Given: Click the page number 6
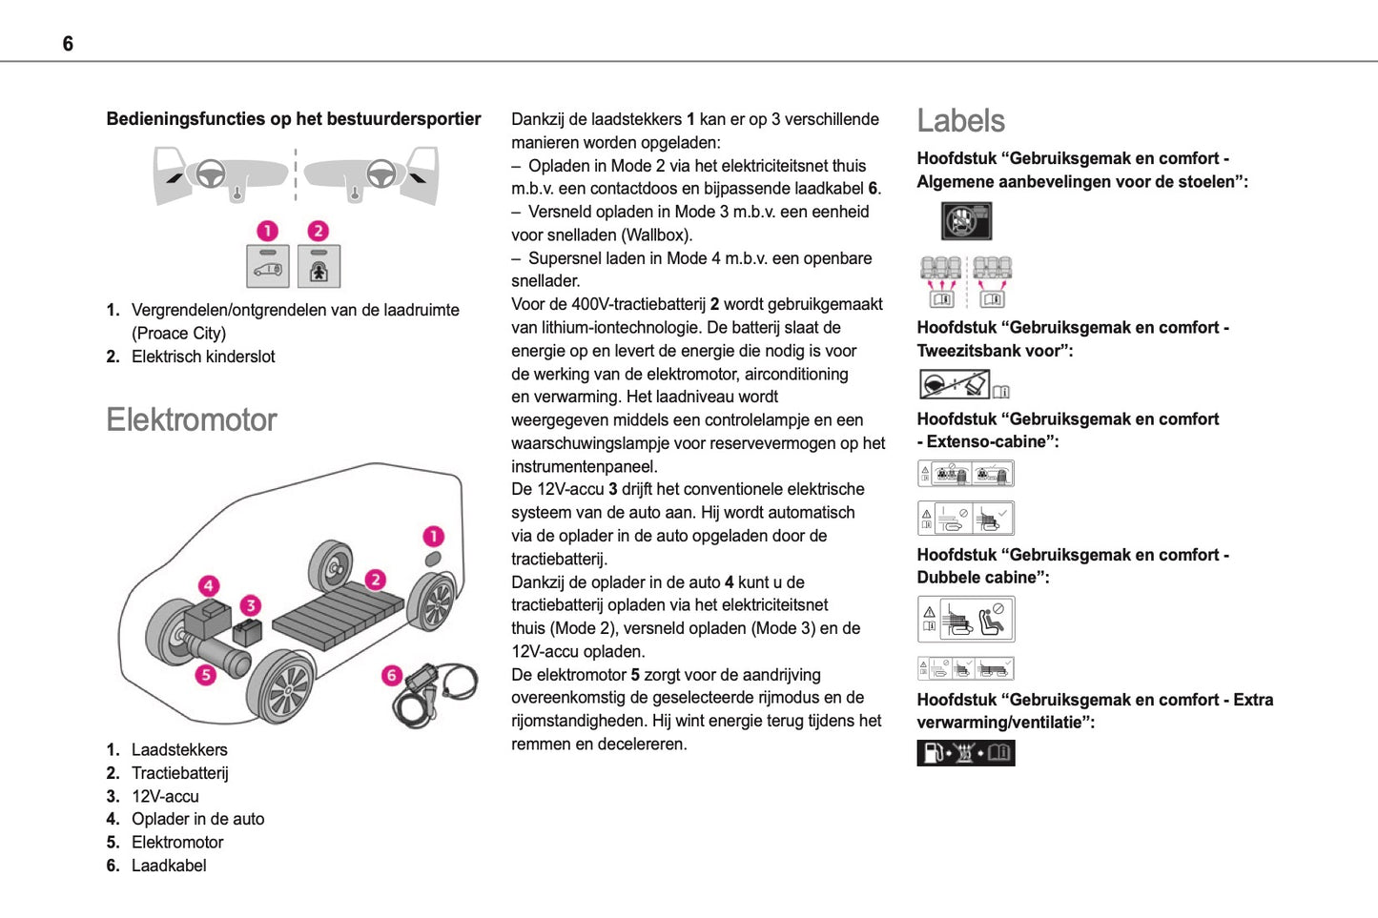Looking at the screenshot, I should coord(68,44).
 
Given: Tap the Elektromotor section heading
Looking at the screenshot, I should coord(192,419).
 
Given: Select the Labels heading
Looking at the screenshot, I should coord(960,121).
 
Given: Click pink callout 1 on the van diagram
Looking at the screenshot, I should coord(433,536).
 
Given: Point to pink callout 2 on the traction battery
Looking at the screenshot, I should coord(376,580).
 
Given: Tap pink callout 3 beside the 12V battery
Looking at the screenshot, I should coord(250,604).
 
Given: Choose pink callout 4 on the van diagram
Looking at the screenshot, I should coord(209,585).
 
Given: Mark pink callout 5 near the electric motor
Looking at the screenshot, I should coord(205,675).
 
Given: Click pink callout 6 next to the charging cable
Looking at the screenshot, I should coord(391,675).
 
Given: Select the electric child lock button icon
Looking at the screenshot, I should coord(319,267).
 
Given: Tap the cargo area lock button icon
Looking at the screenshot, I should coord(268,267).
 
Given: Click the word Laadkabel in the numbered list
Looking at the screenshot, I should coord(169,866).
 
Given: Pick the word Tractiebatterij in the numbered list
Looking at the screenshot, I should coord(180,773).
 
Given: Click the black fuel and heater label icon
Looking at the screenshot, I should coord(965,753).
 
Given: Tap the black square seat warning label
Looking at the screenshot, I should coord(966,221).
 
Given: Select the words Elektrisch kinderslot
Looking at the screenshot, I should coord(203,357).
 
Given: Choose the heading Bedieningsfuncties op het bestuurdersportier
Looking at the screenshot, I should coord(294,119).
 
